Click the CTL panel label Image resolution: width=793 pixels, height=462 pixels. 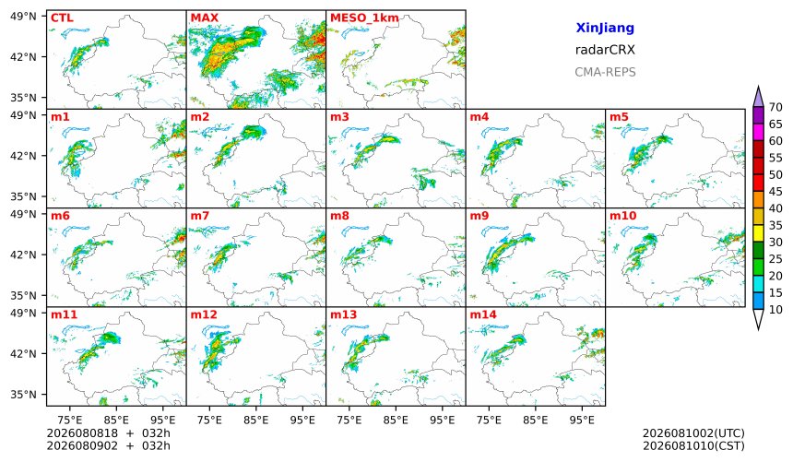[62, 18]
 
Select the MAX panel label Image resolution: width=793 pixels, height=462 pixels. [205, 18]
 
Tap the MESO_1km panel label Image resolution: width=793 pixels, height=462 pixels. [364, 18]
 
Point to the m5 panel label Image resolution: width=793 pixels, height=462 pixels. [619, 117]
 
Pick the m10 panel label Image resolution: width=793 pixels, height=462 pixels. [622, 216]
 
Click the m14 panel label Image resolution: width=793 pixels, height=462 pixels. [483, 314]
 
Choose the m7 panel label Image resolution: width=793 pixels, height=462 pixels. [200, 216]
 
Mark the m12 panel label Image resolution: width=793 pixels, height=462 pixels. [203, 314]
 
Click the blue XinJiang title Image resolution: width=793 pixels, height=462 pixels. [605, 29]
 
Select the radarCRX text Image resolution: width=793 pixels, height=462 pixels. [605, 50]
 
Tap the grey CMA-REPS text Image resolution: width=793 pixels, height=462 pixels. [605, 72]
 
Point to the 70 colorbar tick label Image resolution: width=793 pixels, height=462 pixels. [775, 107]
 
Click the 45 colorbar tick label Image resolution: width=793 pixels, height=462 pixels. [775, 192]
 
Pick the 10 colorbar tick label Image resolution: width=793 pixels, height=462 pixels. [775, 310]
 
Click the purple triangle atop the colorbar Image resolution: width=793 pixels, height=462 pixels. [758, 98]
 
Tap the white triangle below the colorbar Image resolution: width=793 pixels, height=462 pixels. [758, 318]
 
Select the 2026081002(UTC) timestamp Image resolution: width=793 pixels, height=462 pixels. [693, 433]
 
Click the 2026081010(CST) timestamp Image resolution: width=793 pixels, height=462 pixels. [693, 445]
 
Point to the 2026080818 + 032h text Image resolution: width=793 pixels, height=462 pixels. [108, 433]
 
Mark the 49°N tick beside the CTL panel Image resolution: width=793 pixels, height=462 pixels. [23, 17]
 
